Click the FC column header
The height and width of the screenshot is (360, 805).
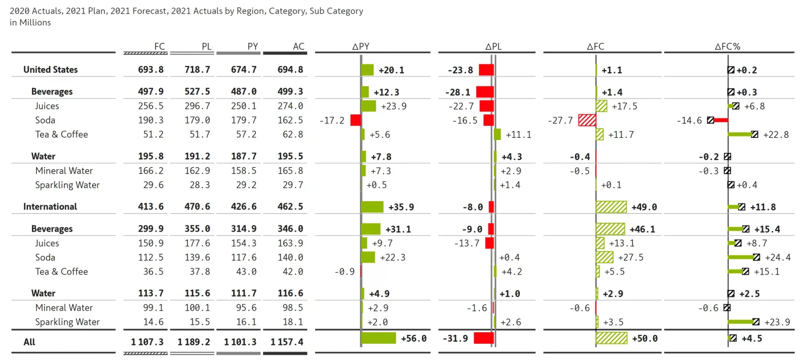pyautogui.click(x=160, y=46)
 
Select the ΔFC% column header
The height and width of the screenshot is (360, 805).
pyautogui.click(x=727, y=46)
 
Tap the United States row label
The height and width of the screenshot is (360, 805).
pyautogui.click(x=50, y=70)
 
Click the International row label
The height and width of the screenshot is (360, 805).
pyautogui.click(x=50, y=206)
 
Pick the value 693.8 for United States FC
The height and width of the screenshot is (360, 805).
pyautogui.click(x=152, y=70)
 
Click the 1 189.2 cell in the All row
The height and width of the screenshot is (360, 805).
pyautogui.click(x=194, y=342)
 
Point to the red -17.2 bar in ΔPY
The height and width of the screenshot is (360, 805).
pyautogui.click(x=355, y=120)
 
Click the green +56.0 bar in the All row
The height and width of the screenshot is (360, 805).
pyautogui.click(x=378, y=338)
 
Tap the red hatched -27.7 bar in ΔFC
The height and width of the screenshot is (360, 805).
pyautogui.click(x=587, y=120)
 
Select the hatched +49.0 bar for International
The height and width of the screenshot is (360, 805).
pyautogui.click(x=611, y=206)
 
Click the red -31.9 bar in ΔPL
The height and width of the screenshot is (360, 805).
pyautogui.click(x=483, y=338)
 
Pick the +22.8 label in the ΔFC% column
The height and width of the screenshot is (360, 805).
pyautogui.click(x=776, y=135)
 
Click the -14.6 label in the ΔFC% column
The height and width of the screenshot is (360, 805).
pyautogui.click(x=689, y=120)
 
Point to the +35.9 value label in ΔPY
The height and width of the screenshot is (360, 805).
pyautogui.click(x=401, y=207)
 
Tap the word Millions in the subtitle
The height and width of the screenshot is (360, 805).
pyautogui.click(x=35, y=23)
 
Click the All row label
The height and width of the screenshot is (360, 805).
pyautogui.click(x=29, y=342)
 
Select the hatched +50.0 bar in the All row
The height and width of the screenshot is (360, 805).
pyautogui.click(x=612, y=338)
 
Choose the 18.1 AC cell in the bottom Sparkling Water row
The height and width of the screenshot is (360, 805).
pyautogui.click(x=292, y=322)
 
